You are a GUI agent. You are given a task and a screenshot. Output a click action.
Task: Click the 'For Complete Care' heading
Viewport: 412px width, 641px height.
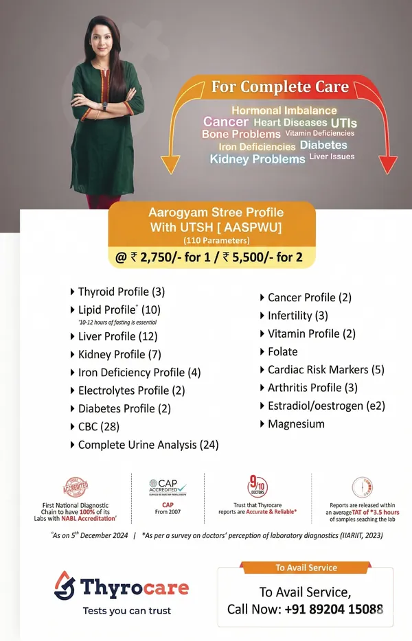click(279, 88)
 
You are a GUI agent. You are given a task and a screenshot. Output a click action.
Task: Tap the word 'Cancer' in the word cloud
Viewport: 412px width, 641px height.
click(225, 121)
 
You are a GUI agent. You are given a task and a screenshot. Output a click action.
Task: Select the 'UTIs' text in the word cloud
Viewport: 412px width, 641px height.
click(343, 123)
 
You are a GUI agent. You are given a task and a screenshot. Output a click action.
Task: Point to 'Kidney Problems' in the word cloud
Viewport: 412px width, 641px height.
click(257, 159)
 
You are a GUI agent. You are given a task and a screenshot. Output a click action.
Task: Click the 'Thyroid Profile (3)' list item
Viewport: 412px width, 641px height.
click(121, 291)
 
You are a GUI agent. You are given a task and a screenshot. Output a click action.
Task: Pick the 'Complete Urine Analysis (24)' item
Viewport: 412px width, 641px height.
click(148, 445)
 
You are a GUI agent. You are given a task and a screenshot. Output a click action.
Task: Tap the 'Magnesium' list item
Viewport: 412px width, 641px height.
click(296, 423)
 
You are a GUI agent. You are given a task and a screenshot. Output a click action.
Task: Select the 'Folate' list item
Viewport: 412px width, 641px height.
click(282, 351)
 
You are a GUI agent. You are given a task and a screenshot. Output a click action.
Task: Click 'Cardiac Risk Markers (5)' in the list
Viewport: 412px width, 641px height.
click(325, 369)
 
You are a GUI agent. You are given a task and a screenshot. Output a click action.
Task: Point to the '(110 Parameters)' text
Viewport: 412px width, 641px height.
click(216, 241)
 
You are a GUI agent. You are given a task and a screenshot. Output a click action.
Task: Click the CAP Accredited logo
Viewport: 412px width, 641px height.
click(168, 489)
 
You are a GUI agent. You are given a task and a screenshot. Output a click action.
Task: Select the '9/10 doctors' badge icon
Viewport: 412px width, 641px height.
click(257, 487)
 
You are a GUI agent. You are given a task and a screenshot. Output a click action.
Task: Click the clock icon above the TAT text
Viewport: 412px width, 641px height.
click(363, 487)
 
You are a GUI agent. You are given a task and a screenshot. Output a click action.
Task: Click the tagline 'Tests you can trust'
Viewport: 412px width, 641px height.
click(126, 610)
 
